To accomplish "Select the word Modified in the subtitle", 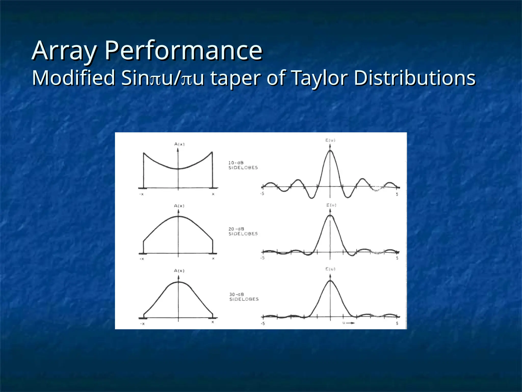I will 74,78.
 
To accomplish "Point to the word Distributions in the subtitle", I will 414,78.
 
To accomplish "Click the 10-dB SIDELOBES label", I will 243,165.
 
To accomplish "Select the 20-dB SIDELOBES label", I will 243,231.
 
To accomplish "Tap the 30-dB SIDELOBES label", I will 244,297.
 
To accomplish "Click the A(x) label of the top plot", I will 179,144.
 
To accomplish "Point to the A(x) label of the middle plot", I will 179,206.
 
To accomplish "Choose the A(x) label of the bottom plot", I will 179,271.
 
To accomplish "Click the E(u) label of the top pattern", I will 330,140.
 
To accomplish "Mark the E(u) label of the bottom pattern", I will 330,269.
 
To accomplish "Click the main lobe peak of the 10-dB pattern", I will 330,151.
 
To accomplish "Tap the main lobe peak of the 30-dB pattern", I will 330,281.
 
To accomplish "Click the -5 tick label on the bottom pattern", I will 263,323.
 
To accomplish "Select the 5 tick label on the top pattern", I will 397,194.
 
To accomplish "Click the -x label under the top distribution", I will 141,194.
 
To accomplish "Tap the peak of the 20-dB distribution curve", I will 178,216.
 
